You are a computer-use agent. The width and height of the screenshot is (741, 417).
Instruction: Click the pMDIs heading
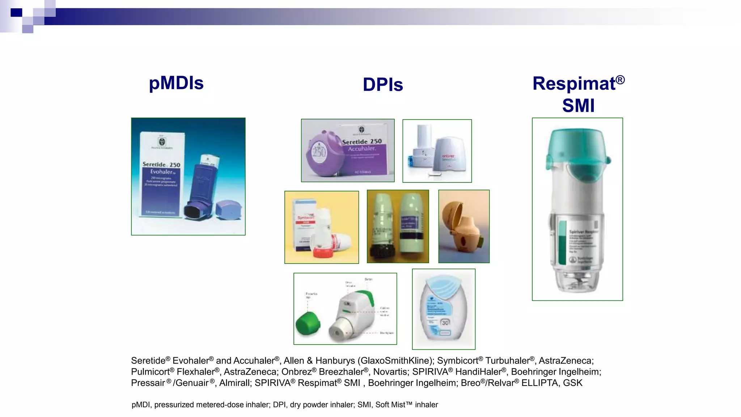point(176,83)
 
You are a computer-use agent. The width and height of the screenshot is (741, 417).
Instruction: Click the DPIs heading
point(383,85)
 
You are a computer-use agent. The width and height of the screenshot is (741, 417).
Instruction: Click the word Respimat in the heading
point(573,84)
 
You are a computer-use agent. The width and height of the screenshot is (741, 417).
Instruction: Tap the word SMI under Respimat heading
point(578,106)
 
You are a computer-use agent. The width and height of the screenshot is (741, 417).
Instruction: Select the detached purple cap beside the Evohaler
point(228,210)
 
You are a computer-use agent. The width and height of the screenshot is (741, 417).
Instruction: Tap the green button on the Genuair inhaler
point(370,298)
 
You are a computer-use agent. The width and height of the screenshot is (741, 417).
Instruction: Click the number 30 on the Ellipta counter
point(445,323)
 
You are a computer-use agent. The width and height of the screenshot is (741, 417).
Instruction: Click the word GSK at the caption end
point(572,383)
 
